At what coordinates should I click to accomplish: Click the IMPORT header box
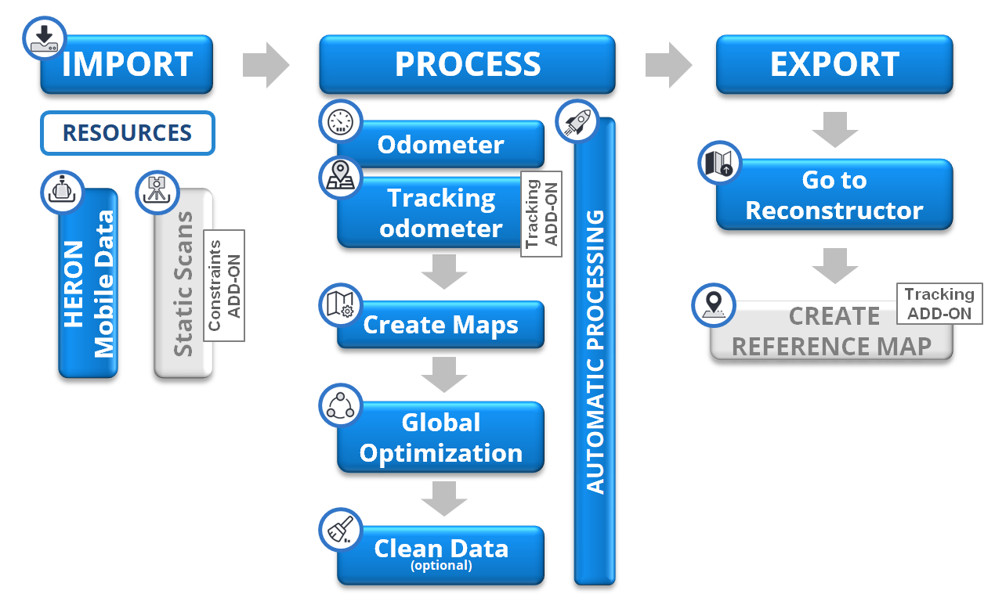click(127, 64)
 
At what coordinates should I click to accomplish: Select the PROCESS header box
click(467, 64)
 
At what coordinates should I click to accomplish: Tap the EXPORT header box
click(834, 64)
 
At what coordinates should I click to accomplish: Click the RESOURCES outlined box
click(127, 133)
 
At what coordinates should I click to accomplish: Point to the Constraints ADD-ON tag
click(224, 285)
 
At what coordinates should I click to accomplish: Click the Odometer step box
click(440, 145)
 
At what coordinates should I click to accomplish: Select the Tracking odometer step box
click(429, 213)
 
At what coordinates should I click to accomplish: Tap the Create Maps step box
click(440, 325)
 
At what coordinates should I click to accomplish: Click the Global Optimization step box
click(440, 437)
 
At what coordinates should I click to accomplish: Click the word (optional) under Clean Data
click(441, 566)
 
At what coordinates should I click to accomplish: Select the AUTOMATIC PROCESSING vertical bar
click(595, 352)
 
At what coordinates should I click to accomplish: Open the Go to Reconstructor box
click(834, 195)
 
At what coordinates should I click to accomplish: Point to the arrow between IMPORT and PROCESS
click(266, 64)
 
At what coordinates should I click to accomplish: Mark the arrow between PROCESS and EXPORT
click(668, 64)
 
